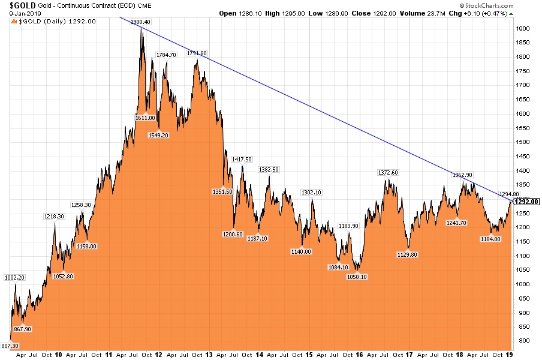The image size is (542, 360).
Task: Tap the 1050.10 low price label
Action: [356, 277]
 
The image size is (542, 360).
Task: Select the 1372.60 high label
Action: [388, 173]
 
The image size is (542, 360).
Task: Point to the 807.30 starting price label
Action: [10, 346]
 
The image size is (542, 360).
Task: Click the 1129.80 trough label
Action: [407, 254]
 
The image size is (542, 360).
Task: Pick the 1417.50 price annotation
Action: [242, 159]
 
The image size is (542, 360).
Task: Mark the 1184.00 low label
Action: [490, 239]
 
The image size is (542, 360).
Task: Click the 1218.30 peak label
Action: [55, 216]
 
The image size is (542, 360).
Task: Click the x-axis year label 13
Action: [209, 355]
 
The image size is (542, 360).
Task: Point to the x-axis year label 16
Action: [359, 355]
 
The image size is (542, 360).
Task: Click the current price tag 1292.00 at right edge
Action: [528, 202]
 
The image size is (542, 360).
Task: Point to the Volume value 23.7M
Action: [433, 13]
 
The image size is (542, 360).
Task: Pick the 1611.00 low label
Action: [145, 118]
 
